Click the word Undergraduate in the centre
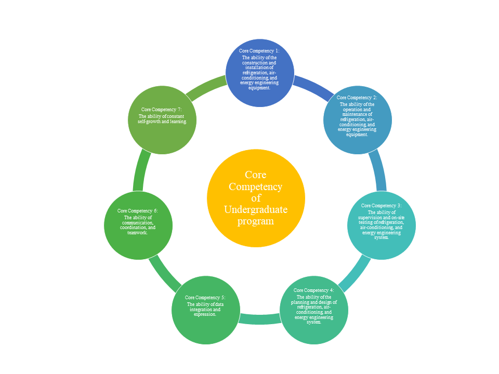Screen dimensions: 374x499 256,209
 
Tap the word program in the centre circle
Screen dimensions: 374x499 256,221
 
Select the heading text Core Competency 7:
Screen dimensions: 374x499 161,109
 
